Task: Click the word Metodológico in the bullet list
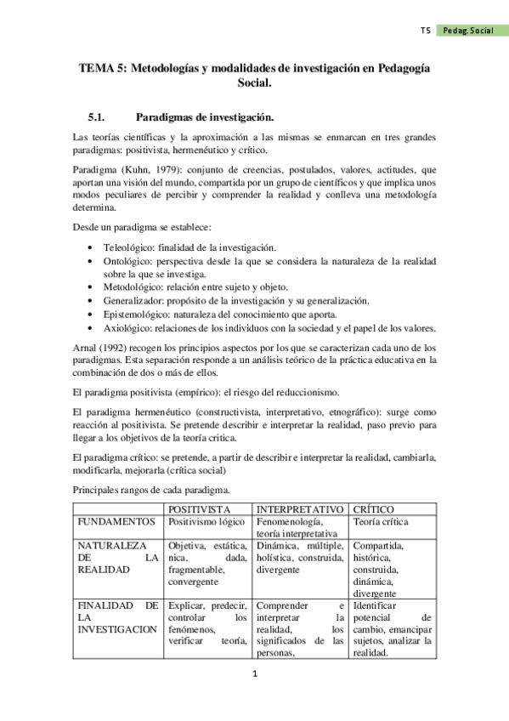point(132,287)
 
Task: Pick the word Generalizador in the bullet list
point(133,301)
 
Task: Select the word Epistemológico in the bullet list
point(135,315)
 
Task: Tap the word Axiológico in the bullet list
point(128,328)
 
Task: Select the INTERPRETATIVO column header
point(300,508)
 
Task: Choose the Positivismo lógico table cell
point(207,521)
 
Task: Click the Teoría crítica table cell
point(382,521)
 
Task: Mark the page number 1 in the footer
point(254,675)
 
